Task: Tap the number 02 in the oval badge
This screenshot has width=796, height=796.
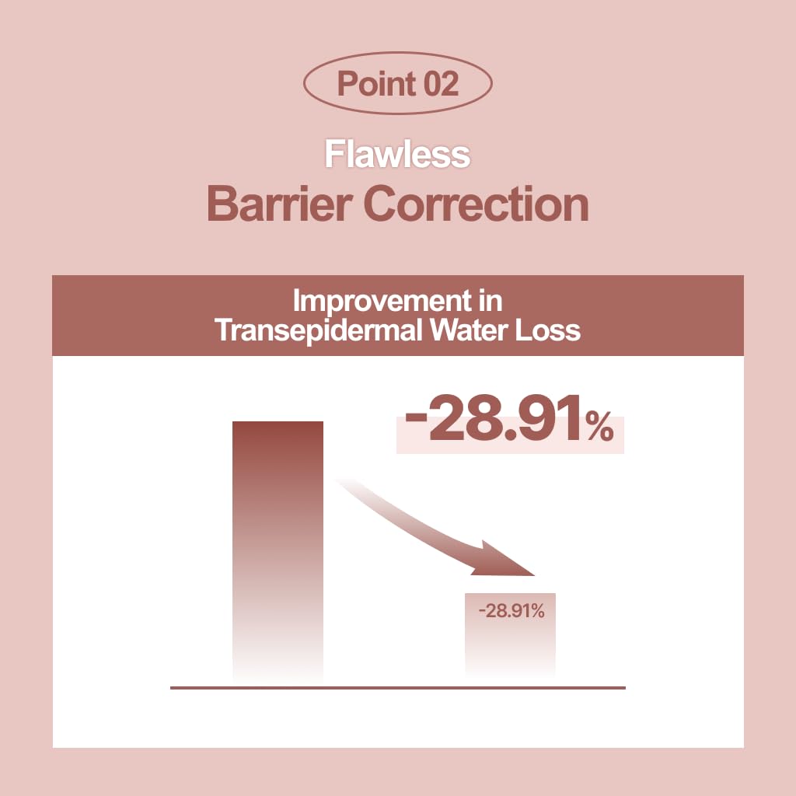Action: point(442,84)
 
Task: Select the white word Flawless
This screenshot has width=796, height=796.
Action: point(397,155)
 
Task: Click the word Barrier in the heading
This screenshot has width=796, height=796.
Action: point(280,204)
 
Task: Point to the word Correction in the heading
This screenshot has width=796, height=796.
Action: point(477,204)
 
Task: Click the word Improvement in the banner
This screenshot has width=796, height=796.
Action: point(382,302)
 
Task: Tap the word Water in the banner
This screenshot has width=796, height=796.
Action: point(470,330)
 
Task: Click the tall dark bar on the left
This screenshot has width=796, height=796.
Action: point(278,551)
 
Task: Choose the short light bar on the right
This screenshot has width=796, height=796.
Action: point(510,634)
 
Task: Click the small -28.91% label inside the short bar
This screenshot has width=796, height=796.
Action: point(511,611)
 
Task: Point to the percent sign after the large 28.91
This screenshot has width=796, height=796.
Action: point(599,426)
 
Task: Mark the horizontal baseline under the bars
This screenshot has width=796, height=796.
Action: point(398,689)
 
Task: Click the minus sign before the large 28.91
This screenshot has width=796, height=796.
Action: point(416,417)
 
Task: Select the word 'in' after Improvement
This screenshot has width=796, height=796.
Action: point(491,302)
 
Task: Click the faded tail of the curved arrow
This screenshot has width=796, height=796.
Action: point(355,490)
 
